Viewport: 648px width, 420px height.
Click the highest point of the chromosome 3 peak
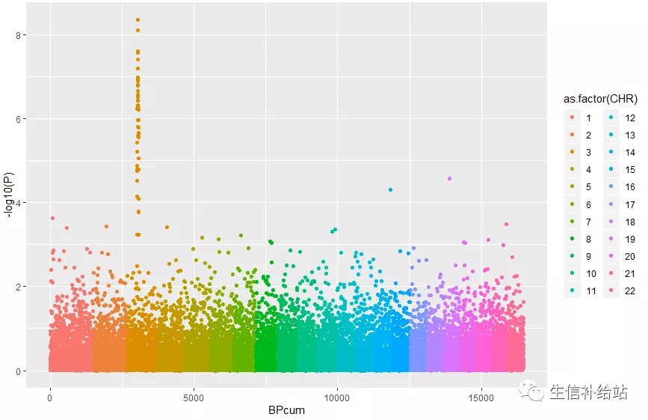pyautogui.click(x=138, y=19)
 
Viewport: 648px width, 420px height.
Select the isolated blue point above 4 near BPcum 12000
pyautogui.click(x=390, y=189)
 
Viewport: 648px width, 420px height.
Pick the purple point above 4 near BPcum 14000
pyautogui.click(x=449, y=178)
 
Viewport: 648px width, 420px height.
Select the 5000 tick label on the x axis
pyautogui.click(x=194, y=397)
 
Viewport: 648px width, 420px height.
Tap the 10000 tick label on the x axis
pyautogui.click(x=337, y=397)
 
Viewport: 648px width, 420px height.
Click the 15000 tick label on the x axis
pyautogui.click(x=481, y=397)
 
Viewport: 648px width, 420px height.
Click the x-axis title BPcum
pyautogui.click(x=286, y=410)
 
